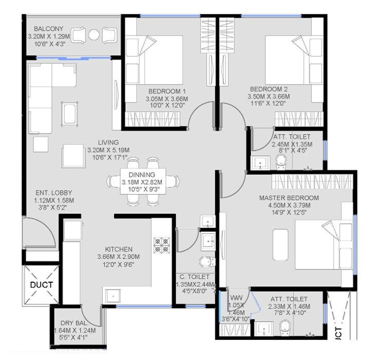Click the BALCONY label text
(49, 28)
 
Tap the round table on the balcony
(94, 35)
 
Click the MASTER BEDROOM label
(289, 197)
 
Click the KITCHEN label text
(118, 248)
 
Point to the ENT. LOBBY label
(44, 193)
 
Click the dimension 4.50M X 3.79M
(289, 205)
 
